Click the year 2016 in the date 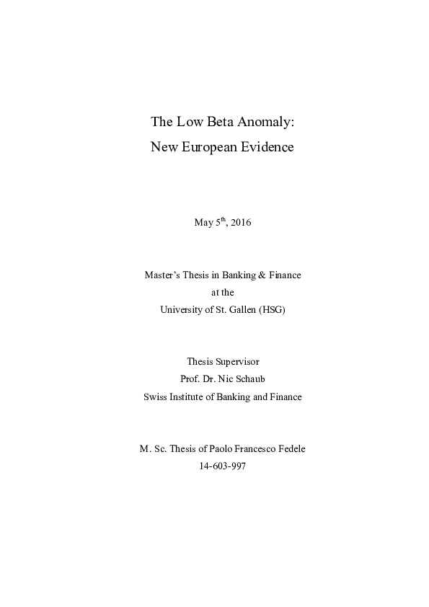[241, 223]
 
